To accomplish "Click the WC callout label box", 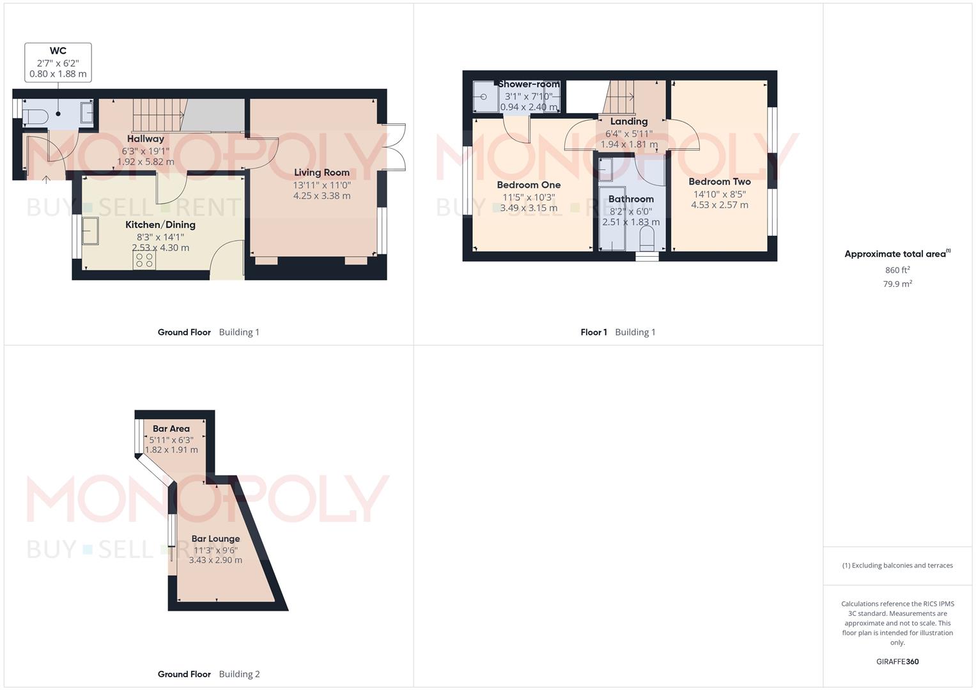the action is [58, 63].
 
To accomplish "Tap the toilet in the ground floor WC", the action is [35, 116].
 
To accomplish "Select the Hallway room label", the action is [146, 139].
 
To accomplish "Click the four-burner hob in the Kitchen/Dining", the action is [144, 260].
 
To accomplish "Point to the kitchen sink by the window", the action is [90, 231].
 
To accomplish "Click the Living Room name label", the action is [321, 172].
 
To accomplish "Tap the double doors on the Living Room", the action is [395, 147].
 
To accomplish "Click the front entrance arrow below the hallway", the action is [46, 180].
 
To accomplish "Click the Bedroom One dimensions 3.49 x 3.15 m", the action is [529, 208].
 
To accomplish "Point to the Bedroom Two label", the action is [719, 181].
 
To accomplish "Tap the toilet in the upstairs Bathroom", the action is [647, 240].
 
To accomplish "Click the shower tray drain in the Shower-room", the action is [483, 96].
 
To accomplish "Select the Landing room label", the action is [629, 121].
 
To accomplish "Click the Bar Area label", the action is [171, 429].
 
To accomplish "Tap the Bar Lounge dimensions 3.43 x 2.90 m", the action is [215, 560].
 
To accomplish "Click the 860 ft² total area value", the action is [897, 270].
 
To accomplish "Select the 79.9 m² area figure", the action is [897, 284].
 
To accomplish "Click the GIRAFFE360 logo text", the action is [897, 662].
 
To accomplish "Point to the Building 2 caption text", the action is [239, 674].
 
